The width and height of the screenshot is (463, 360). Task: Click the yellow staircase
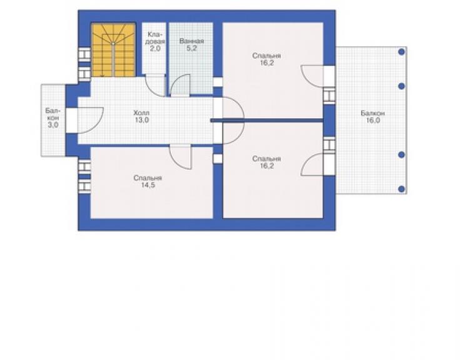click(113, 50)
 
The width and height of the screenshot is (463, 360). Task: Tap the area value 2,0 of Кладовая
click(155, 48)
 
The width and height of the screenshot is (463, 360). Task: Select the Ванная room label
click(191, 41)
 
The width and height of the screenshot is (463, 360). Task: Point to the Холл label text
click(141, 113)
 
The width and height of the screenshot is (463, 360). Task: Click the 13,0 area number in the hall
click(142, 120)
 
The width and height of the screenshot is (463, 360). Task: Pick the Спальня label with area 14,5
click(148, 178)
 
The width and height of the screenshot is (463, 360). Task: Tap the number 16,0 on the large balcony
click(373, 120)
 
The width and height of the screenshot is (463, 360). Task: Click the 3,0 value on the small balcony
click(53, 125)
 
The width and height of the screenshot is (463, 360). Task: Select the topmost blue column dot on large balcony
click(401, 52)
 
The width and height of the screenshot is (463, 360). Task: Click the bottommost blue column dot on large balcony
click(401, 189)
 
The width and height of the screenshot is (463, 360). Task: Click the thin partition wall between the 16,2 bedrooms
click(267, 120)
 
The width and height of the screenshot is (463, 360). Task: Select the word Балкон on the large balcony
click(373, 113)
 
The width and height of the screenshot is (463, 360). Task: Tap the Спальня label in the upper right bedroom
click(267, 56)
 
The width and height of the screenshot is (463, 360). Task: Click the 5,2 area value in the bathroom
click(191, 48)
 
